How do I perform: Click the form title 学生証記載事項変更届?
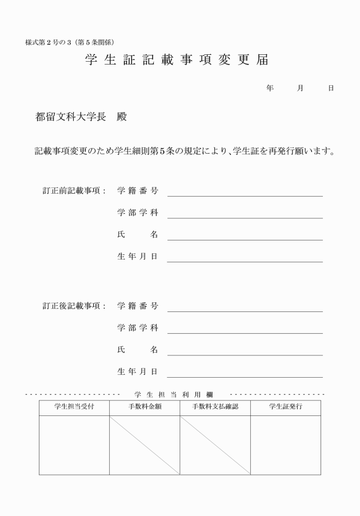coord(176,61)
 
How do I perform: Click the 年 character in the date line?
coord(270,89)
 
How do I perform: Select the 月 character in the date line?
coord(301,89)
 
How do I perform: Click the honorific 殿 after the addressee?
coord(121,118)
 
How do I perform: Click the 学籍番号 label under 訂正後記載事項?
coord(138,306)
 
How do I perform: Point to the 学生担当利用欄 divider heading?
coord(174,394)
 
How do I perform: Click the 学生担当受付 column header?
coord(74,407)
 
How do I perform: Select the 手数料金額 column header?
coord(144,407)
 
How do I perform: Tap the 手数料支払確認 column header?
coord(215,407)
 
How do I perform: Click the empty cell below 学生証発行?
coord(285,445)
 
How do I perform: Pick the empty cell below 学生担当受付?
coord(74,445)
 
